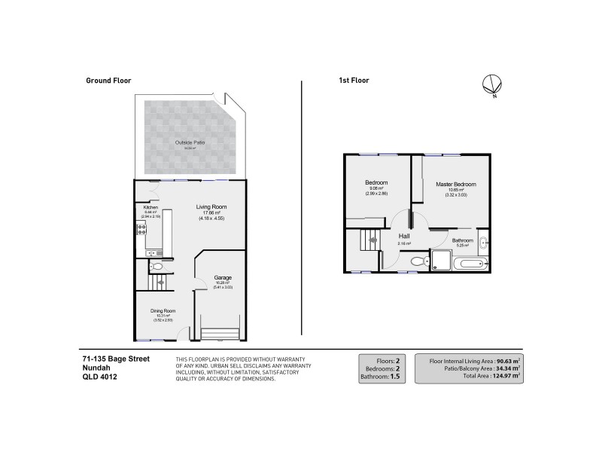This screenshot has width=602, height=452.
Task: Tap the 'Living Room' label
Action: pyautogui.click(x=211, y=207)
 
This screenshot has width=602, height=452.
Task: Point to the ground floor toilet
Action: pyautogui.click(x=157, y=267)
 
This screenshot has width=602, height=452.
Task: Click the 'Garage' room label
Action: pyautogui.click(x=223, y=276)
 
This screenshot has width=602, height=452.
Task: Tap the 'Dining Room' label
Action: pyautogui.click(x=163, y=310)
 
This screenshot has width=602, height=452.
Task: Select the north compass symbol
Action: pyautogui.click(x=492, y=86)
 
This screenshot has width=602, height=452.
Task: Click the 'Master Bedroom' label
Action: pyautogui.click(x=455, y=185)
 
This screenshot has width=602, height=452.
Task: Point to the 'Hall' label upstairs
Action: pyautogui.click(x=403, y=236)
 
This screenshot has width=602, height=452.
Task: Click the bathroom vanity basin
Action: pyautogui.click(x=483, y=243)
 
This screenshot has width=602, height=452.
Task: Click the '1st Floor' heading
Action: pyautogui.click(x=353, y=80)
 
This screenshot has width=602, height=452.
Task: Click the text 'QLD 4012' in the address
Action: pyautogui.click(x=99, y=377)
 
